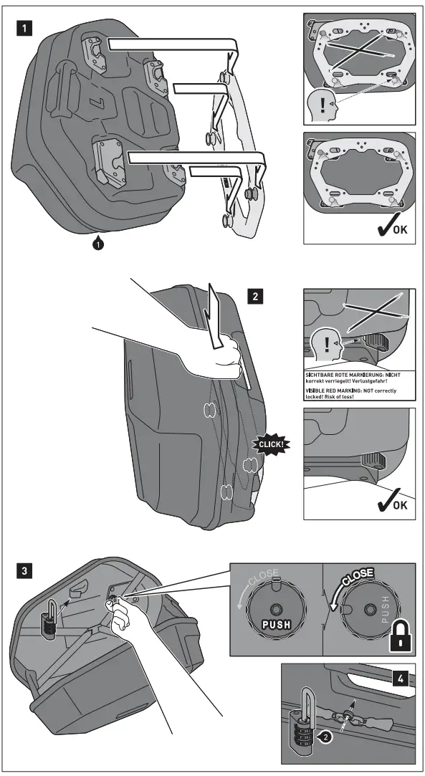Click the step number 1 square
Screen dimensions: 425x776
click(x=24, y=28)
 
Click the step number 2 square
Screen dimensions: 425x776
click(x=255, y=297)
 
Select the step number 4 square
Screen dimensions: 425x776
click(x=401, y=679)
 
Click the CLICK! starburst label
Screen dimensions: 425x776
click(x=271, y=444)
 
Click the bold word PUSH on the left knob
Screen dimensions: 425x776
click(x=276, y=624)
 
